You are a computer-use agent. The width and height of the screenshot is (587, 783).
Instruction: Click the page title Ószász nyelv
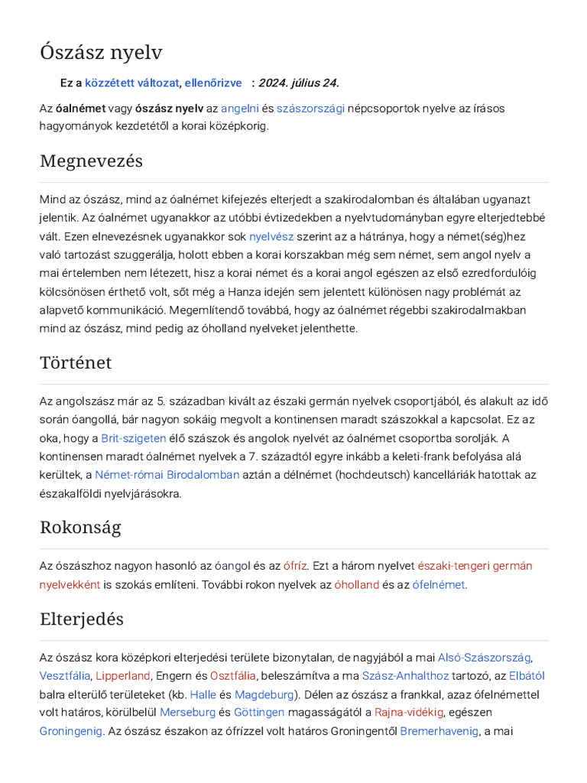click(101, 52)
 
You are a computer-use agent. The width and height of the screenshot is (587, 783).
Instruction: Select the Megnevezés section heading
click(91, 161)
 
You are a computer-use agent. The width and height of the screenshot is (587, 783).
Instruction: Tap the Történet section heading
click(76, 362)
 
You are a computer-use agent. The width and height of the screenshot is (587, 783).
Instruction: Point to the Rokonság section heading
click(80, 528)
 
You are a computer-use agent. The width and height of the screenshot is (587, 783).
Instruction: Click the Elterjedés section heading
click(82, 619)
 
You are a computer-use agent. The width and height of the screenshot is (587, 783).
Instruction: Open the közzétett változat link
click(131, 83)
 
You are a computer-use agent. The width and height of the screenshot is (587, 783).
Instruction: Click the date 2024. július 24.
click(299, 83)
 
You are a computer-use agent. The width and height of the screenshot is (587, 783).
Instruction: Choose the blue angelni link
click(240, 108)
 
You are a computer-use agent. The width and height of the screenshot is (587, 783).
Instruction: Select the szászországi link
click(310, 108)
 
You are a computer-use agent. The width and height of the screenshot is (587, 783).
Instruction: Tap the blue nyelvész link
click(271, 236)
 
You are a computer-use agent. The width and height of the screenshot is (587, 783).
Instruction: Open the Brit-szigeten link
click(134, 438)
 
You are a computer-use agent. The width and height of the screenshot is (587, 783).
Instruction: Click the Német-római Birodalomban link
click(167, 475)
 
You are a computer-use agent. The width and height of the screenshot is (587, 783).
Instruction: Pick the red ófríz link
click(295, 566)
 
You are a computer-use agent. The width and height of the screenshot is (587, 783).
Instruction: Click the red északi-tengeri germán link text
click(475, 566)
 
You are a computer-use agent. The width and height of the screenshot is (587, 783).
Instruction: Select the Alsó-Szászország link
click(484, 658)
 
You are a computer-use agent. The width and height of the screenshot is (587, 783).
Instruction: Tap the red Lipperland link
click(123, 676)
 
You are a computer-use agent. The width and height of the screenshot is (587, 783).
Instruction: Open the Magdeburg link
click(264, 694)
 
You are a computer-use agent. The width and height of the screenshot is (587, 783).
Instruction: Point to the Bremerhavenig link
click(439, 731)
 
